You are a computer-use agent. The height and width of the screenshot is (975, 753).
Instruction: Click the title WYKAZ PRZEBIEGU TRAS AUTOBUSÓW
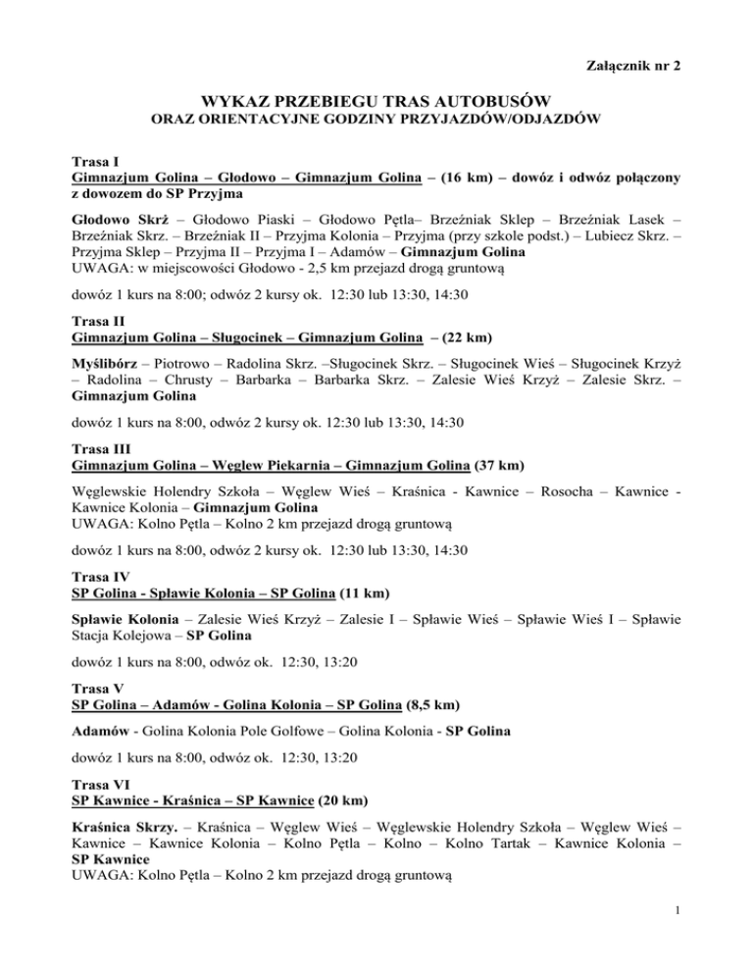click(376, 102)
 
